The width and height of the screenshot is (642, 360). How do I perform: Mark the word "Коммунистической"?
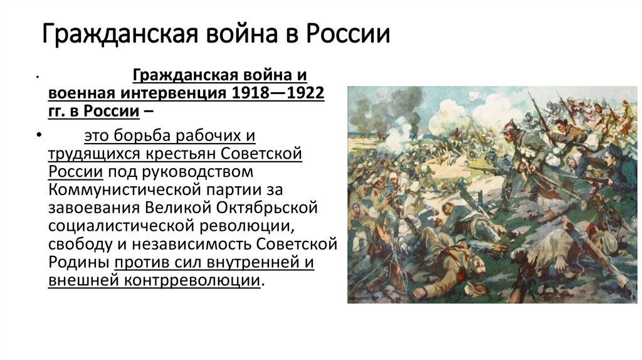click(122, 189)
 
